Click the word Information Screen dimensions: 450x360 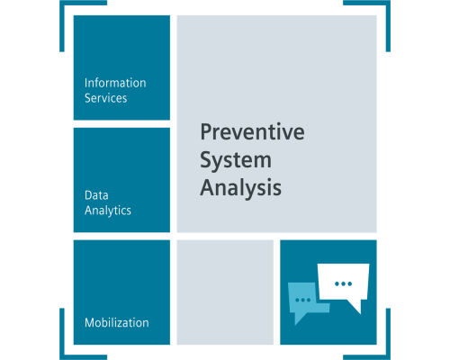[115, 83]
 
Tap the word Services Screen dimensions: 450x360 [105, 98]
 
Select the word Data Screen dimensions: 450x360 [96, 195]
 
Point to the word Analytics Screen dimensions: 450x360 [108, 211]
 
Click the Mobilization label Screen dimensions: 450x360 [117, 323]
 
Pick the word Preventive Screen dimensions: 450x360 [252, 132]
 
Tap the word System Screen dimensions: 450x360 [236, 161]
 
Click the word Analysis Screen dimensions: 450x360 [241, 188]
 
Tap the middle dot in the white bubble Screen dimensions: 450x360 [343, 283]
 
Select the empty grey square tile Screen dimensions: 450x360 [225, 292]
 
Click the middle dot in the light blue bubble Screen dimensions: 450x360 [303, 300]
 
